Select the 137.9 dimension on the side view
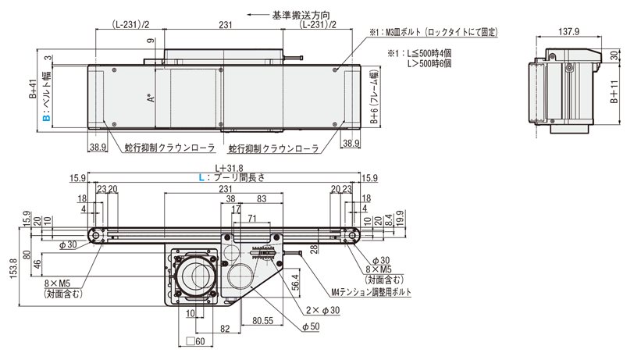(x=569, y=32)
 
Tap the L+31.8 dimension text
(x=226, y=168)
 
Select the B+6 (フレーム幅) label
(x=374, y=99)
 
